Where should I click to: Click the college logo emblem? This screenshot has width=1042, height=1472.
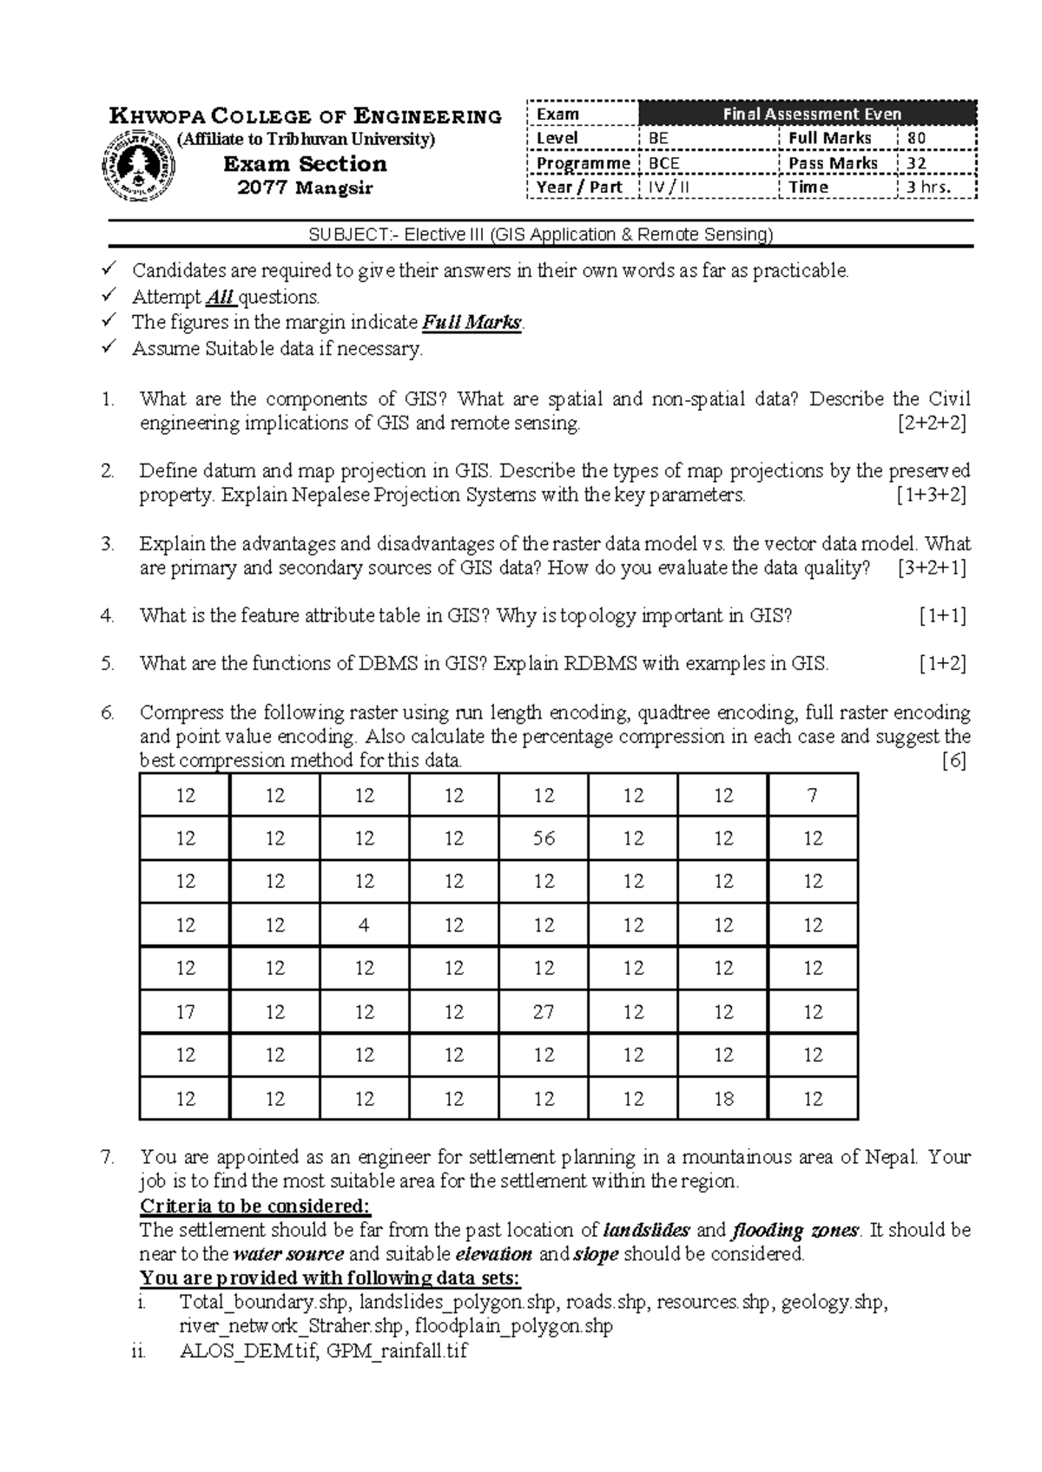[x=138, y=165]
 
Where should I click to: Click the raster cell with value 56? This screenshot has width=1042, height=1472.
[x=544, y=838]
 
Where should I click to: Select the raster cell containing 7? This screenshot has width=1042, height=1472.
[x=812, y=795]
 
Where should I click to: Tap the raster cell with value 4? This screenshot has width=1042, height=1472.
[x=364, y=925]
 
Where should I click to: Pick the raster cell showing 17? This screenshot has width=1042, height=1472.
[x=185, y=1012]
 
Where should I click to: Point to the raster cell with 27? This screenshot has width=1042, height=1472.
[x=544, y=1012]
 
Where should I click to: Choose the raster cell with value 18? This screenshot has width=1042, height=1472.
[x=723, y=1099]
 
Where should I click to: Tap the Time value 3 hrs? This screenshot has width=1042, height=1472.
[x=928, y=187]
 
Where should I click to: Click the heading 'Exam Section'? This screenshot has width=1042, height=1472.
[x=305, y=164]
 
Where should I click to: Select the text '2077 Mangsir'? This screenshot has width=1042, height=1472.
[x=305, y=187]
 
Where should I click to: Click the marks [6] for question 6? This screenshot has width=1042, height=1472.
[x=953, y=761]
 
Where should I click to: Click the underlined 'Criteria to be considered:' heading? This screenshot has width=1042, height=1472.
[x=255, y=1206]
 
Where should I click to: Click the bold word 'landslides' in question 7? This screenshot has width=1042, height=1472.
[x=646, y=1231]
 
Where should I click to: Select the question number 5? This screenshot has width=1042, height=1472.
[x=107, y=665]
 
